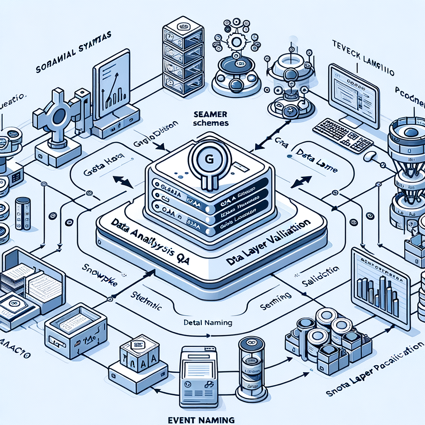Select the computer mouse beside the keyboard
point(369,156)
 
